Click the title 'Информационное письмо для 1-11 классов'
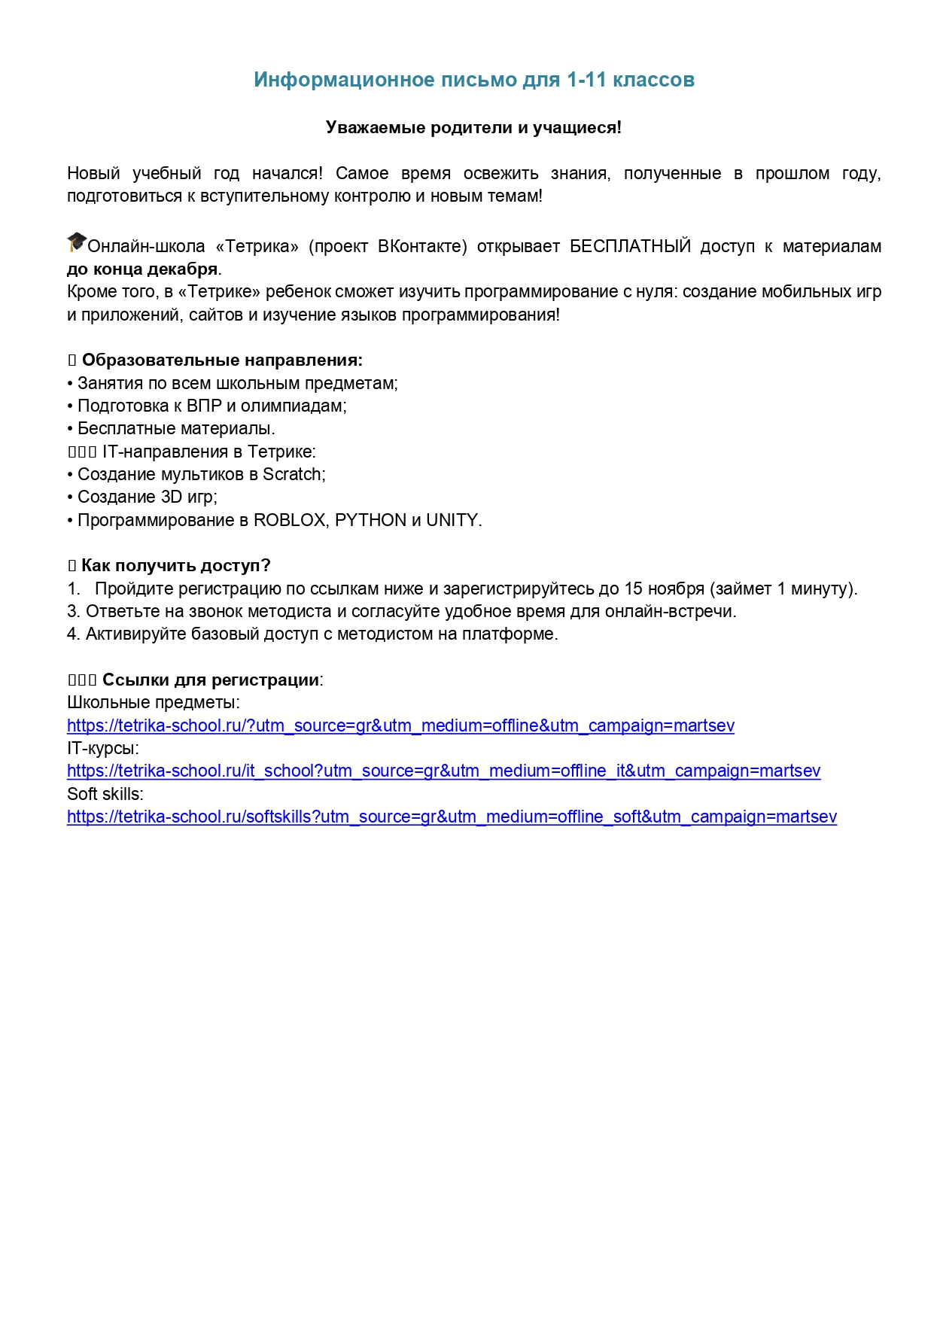473,80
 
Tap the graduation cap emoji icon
77,243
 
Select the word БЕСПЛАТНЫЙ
630,247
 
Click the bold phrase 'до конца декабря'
142,269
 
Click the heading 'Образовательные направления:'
222,360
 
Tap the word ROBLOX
289,521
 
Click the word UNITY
452,521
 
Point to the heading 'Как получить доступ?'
175,566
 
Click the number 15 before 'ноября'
634,589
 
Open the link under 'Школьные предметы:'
400,726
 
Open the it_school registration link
443,771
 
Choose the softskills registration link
452,817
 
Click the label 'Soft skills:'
105,795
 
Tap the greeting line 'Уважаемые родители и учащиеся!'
473,128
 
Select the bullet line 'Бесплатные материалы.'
176,429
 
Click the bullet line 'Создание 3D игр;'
148,497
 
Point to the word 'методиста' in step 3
288,612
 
